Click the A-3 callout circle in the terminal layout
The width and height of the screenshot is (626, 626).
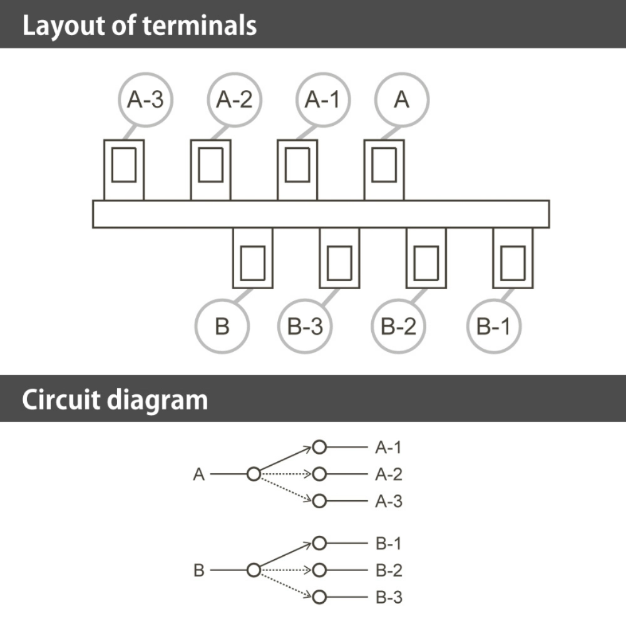[146, 73]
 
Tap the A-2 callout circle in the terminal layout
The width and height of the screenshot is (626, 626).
[235, 73]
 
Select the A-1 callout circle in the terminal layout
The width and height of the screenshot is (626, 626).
[324, 73]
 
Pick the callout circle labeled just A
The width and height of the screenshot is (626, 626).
[402, 73]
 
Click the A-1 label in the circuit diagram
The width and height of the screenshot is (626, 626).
[388, 448]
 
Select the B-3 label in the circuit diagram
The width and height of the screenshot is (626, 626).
[389, 597]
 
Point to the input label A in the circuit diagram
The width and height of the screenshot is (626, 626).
[199, 475]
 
